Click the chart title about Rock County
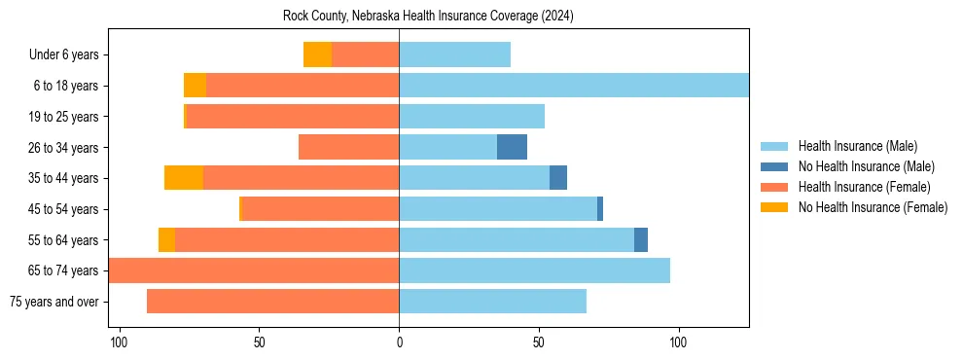(x=429, y=17)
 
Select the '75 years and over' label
(x=54, y=302)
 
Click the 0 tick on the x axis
(x=399, y=343)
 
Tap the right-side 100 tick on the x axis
(x=679, y=343)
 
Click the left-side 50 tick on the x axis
(x=259, y=343)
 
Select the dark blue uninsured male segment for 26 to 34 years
(x=512, y=147)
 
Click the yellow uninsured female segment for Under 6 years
(x=317, y=54)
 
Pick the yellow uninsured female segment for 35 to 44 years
(x=184, y=178)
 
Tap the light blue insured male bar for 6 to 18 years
(x=574, y=86)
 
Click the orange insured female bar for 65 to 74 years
(x=254, y=270)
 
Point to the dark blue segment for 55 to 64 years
(x=641, y=239)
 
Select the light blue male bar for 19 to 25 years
(x=472, y=117)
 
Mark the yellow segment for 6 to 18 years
(x=195, y=86)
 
